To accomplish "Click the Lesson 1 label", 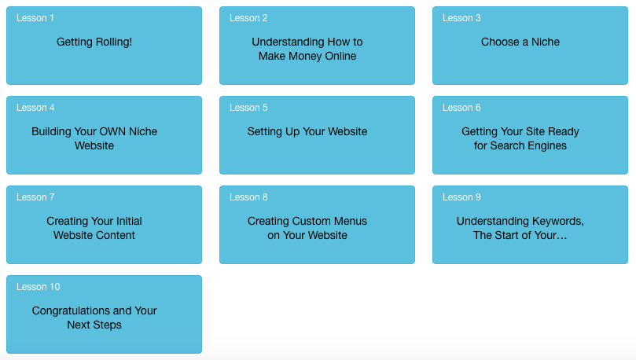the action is [35, 18].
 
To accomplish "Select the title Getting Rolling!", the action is [94, 42].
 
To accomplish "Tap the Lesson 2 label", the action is [248, 18].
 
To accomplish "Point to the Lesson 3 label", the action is [461, 18].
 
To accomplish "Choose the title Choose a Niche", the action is [520, 42].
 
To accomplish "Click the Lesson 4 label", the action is [35, 108].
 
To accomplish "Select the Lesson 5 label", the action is [248, 108].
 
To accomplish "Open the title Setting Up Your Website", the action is [307, 132].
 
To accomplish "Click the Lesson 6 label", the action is [461, 108].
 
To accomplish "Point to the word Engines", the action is [547, 146].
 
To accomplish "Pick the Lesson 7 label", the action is [35, 197].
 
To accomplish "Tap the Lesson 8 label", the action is [248, 197].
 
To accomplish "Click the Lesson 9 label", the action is [461, 197].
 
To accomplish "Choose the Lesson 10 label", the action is [38, 287].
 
